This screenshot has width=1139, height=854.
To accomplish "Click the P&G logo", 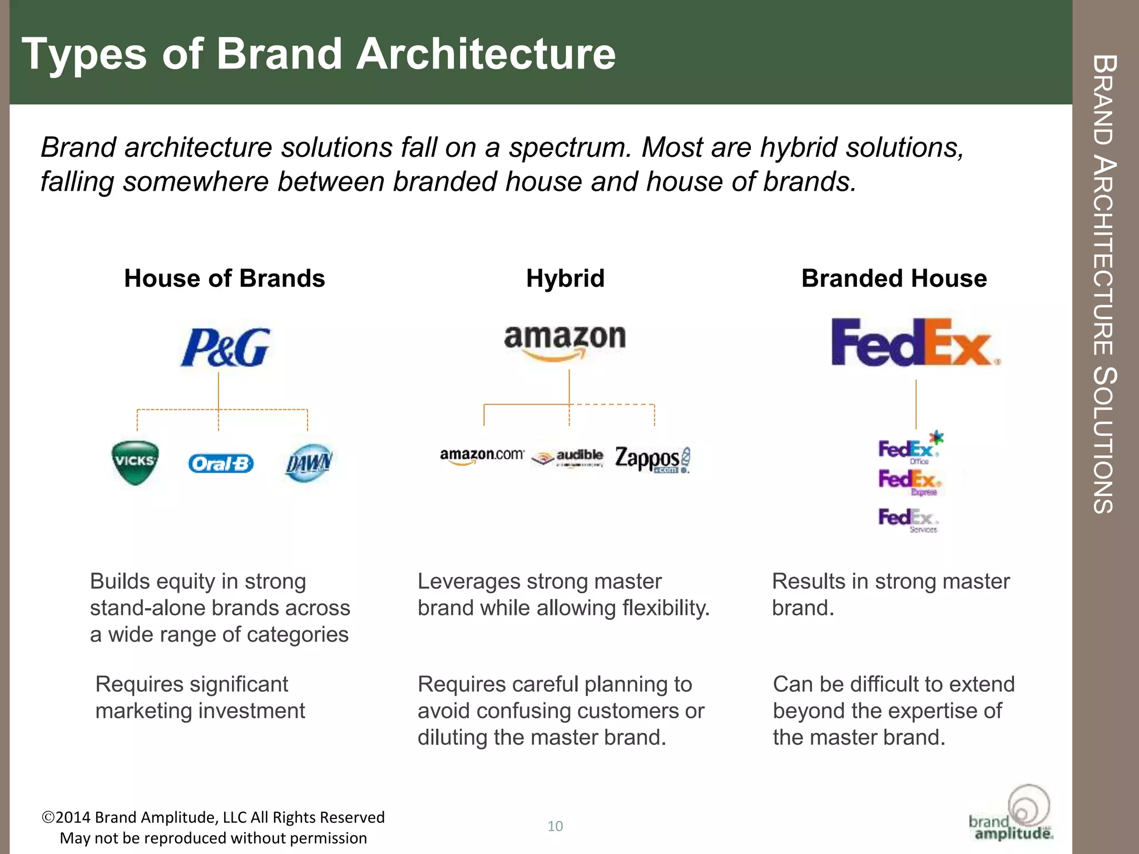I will point(225,348).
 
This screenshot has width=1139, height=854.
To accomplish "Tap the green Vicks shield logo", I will point(135,462).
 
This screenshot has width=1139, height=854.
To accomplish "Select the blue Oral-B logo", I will point(221,463).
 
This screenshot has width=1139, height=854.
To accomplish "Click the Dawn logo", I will point(309,463).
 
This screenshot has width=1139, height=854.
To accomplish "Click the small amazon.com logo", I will point(482,456).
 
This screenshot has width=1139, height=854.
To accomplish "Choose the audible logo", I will point(568,458).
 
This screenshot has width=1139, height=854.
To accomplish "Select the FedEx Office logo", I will point(909,449).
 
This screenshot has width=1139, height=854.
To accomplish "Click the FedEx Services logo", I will point(908,520).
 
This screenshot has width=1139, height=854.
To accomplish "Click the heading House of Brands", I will point(224,279).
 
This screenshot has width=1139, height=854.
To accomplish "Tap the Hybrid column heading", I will point(565,279).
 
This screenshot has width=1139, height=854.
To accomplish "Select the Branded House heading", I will point(894,279).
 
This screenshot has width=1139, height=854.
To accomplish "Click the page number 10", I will point(555,826).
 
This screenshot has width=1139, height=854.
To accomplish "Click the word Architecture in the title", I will point(486,54).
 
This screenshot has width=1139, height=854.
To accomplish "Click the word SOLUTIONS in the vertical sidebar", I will point(1103,439).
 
